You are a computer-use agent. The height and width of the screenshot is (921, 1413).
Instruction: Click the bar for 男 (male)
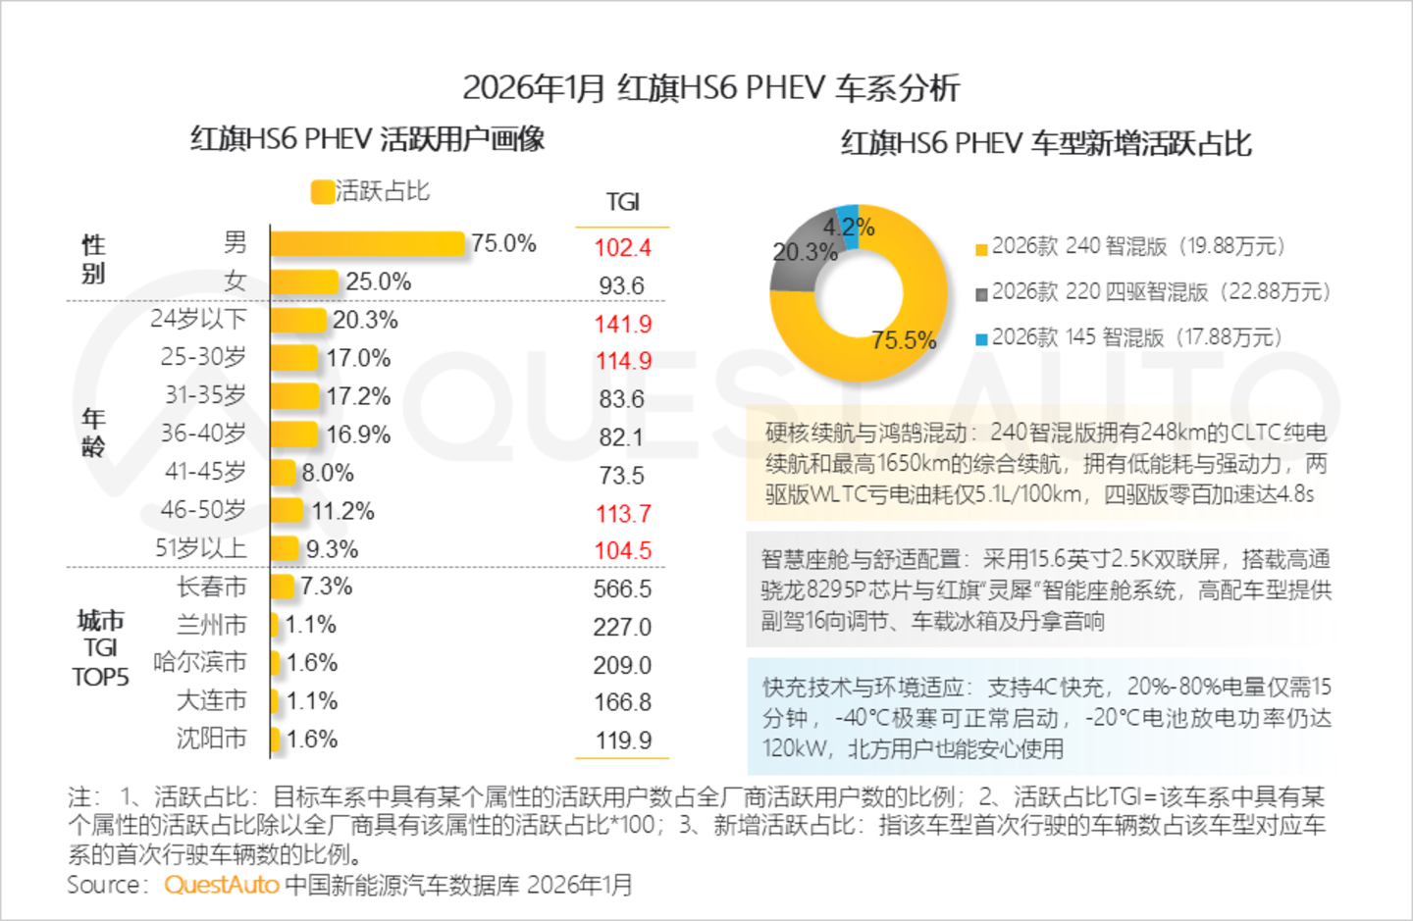pos(367,244)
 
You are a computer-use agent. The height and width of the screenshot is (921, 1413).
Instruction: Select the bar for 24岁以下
pos(298,320)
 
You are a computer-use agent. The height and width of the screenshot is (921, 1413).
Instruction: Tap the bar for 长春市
pos(283,587)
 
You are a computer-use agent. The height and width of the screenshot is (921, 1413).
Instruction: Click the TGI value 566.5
pos(622,588)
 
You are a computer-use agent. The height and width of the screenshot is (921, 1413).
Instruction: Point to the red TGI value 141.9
pos(622,324)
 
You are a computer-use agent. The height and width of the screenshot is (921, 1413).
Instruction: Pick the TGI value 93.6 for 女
pos(621,285)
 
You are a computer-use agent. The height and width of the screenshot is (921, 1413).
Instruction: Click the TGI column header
pos(622,202)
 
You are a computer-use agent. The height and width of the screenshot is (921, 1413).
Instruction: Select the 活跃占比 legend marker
pos(322,191)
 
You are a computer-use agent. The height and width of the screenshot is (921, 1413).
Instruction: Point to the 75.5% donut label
pos(904,340)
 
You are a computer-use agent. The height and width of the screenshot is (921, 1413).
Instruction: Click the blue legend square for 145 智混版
pos(981,339)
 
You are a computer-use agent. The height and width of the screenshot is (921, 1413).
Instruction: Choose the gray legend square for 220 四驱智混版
pos(981,294)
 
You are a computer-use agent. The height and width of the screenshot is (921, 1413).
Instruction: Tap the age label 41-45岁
pos(206,472)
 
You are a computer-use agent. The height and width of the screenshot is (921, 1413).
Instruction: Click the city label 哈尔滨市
pos(200,662)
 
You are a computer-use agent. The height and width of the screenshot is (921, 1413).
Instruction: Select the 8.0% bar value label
pos(328,473)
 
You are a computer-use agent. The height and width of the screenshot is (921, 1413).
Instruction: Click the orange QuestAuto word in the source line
pos(222,885)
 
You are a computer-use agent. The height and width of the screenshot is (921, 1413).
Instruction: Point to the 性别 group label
pos(93,260)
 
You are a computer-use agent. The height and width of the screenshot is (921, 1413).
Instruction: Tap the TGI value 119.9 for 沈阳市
pos(623,741)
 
